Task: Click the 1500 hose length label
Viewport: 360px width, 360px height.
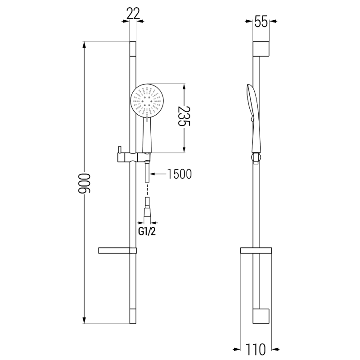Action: tap(179, 174)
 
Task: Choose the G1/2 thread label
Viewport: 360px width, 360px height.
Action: tap(148, 232)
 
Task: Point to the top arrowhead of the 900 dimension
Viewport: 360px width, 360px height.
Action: tap(84, 45)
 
